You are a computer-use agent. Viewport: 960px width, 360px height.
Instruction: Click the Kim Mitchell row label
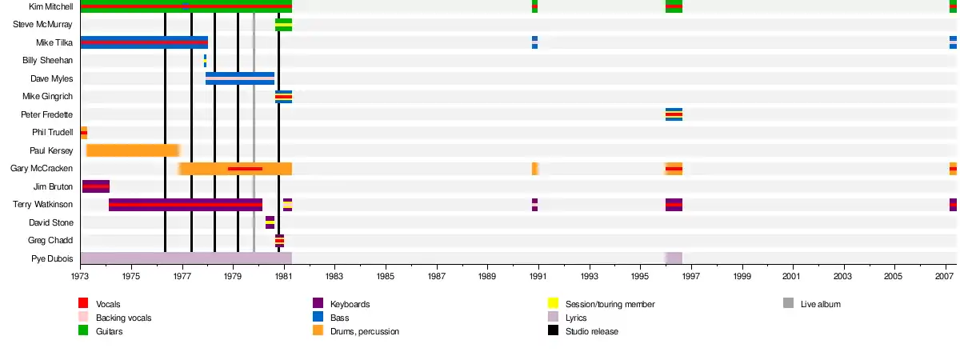point(50,6)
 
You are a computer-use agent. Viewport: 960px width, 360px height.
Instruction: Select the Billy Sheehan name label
point(47,61)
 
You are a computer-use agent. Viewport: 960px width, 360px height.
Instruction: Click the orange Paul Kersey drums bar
point(132,150)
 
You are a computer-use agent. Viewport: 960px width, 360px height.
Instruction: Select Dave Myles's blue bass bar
point(239,78)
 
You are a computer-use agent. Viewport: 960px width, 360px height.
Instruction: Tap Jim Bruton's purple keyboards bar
point(95,186)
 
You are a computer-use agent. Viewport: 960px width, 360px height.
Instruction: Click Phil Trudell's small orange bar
point(83,133)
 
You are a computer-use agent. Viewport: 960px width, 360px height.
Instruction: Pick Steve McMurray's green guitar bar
point(283,25)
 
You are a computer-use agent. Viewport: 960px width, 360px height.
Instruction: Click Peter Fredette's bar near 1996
point(674,114)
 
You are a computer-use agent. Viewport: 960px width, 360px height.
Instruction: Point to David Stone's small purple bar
point(270,222)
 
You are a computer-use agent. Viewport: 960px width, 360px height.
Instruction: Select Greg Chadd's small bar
point(279,240)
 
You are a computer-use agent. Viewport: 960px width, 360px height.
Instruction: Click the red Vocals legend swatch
point(82,303)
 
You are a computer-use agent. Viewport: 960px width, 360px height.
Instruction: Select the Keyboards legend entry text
point(351,304)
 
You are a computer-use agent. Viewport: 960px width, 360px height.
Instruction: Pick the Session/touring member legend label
point(610,304)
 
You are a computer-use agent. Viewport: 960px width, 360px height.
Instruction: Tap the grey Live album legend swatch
point(788,303)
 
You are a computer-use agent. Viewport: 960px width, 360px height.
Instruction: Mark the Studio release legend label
point(591,331)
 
